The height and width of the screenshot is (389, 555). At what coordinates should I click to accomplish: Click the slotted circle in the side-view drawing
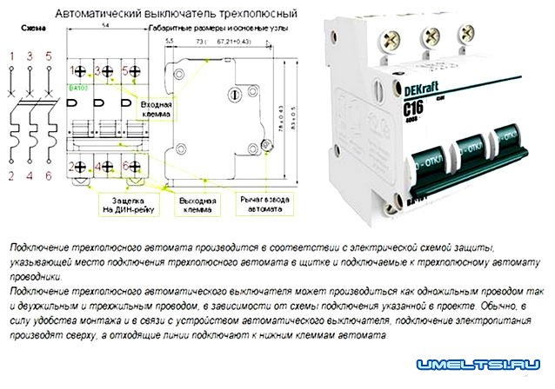click(232, 95)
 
